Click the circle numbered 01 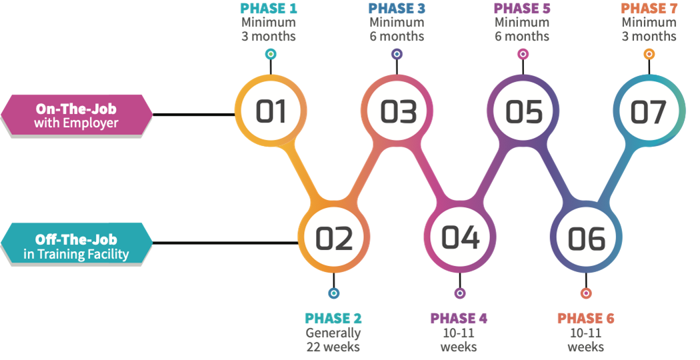(271, 111)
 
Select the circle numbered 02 (334, 238)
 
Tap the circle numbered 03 (398, 111)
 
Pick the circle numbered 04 (461, 238)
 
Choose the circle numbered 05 (524, 111)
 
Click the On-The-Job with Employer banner (77, 115)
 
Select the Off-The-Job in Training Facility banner (77, 246)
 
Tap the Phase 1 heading (269, 9)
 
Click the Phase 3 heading (396, 9)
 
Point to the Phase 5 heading (522, 9)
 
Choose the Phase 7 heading (648, 9)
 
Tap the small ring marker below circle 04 (459, 292)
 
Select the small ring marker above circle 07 (648, 53)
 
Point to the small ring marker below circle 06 (585, 292)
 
